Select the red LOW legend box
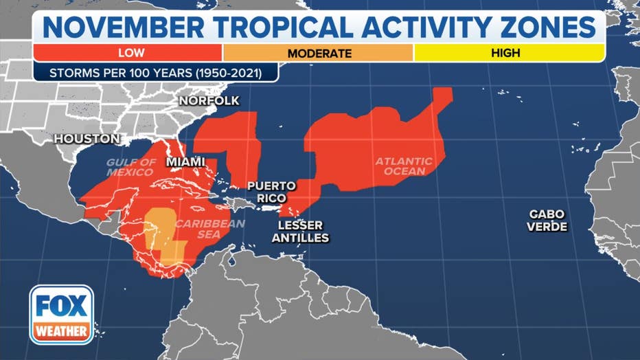coord(128,52)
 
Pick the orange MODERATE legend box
coord(319,53)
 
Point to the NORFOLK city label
coord(209,101)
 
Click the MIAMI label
coord(186,161)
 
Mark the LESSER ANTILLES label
coord(304,232)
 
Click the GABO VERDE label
coord(547,220)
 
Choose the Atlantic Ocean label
coord(404,166)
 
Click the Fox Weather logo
coord(61,315)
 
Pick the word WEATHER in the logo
coord(61,331)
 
